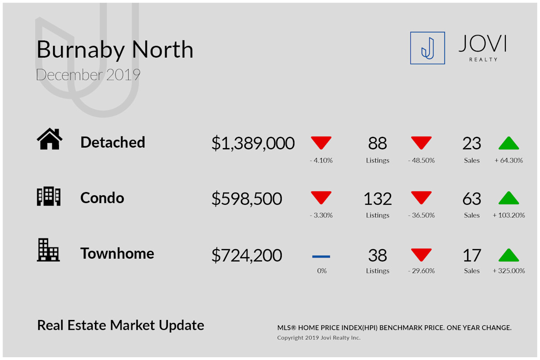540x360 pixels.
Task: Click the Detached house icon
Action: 49,139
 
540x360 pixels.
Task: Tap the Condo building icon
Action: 49,196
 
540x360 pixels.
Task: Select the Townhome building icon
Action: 48,250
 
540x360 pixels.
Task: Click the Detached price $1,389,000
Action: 253,143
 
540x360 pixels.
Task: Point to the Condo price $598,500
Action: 247,199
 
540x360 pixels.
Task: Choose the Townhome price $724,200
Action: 247,255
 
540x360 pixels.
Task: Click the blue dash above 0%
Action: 321,256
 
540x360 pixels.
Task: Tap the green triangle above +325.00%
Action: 508,255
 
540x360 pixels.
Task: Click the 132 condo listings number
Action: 378,199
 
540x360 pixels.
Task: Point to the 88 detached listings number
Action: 378,143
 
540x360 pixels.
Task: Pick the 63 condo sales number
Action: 472,199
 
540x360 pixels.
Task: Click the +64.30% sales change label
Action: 508,160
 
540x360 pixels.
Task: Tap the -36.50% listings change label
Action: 421,215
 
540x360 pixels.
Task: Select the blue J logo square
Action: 427,48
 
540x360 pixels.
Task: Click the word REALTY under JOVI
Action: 483,59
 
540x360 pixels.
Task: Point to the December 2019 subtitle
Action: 88,75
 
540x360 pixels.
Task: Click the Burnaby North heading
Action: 115,50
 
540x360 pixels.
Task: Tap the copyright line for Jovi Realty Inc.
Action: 319,337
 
